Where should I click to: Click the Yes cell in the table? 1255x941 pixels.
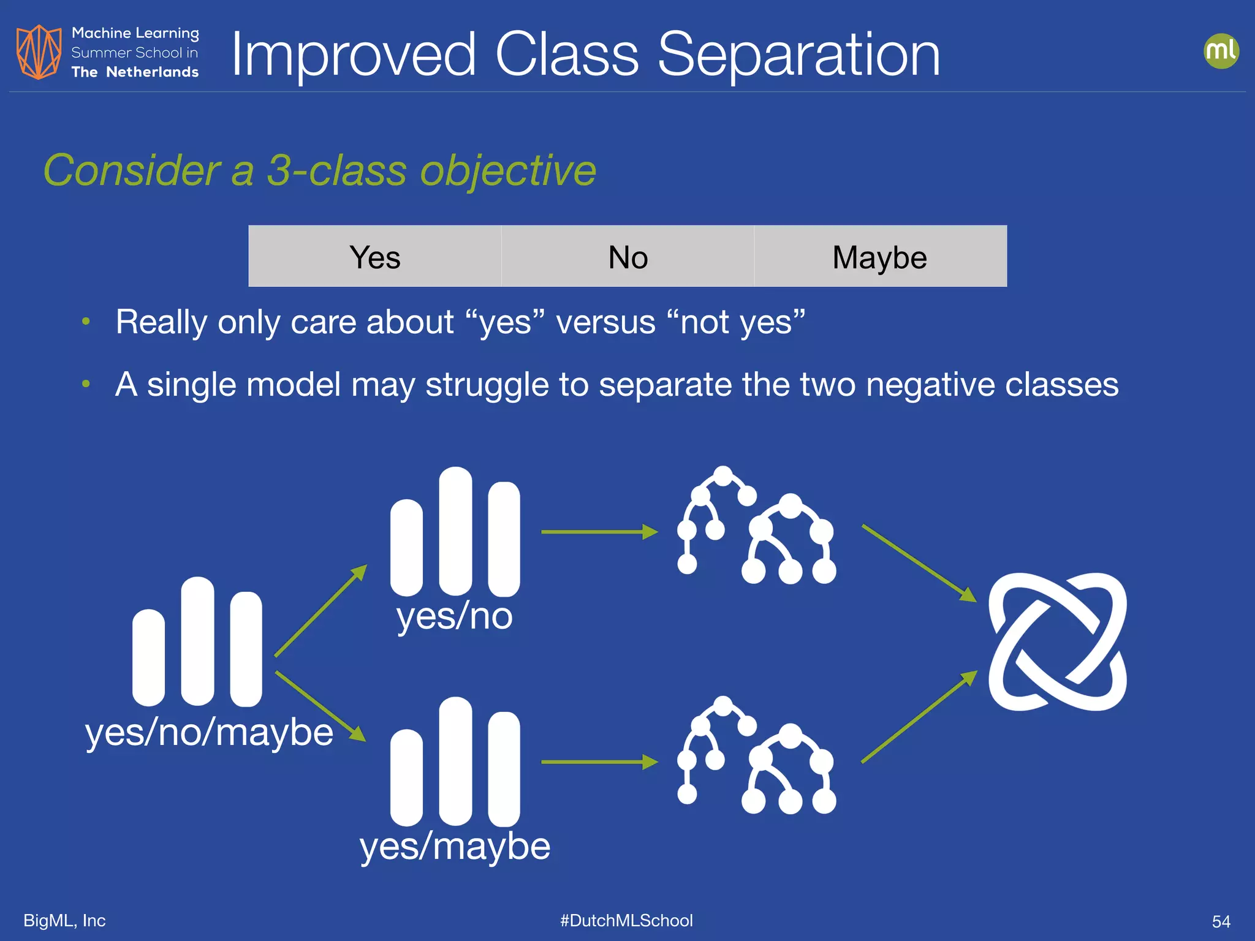(x=374, y=257)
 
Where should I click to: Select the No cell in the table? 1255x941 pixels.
(x=627, y=257)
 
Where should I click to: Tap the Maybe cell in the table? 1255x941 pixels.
(x=879, y=257)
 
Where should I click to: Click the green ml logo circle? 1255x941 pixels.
(x=1221, y=51)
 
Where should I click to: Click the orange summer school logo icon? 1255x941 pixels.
(x=39, y=52)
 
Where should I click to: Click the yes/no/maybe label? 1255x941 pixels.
(x=209, y=732)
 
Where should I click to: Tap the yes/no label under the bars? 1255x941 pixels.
(x=454, y=616)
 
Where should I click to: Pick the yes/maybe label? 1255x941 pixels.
(x=455, y=847)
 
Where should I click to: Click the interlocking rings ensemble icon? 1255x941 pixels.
(x=1057, y=641)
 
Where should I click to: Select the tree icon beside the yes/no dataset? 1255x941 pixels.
(x=757, y=526)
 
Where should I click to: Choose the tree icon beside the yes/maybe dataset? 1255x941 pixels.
(x=757, y=756)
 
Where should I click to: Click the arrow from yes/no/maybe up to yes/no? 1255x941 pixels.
(x=320, y=611)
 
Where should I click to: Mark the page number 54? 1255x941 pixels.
(x=1221, y=921)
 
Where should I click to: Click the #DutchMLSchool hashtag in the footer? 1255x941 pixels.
(x=626, y=920)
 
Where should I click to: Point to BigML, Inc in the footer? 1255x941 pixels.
(x=64, y=920)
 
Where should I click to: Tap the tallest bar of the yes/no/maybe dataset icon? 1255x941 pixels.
(x=197, y=641)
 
